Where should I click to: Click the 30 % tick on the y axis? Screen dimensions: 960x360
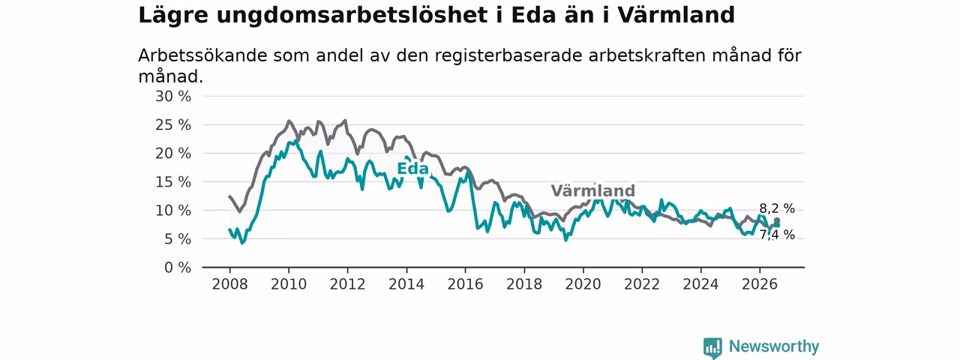[173, 97]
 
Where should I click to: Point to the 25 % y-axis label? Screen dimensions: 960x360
[173, 125]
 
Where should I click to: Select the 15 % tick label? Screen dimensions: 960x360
[173, 182]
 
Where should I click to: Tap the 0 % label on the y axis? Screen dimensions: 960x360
[178, 268]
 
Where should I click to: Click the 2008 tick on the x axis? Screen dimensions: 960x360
[229, 284]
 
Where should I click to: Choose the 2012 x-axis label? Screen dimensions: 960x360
[347, 284]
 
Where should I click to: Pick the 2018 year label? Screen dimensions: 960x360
[524, 284]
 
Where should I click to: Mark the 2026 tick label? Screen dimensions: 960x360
[760, 284]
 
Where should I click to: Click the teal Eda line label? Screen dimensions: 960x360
[412, 169]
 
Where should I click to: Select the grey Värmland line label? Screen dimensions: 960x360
[592, 190]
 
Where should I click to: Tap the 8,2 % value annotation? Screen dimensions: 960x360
[777, 208]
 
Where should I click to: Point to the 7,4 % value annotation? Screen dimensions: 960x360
[777, 235]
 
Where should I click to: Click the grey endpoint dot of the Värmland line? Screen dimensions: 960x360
[777, 220]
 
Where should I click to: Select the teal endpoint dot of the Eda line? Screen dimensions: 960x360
[777, 225]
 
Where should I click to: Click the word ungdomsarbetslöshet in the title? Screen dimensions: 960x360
[352, 16]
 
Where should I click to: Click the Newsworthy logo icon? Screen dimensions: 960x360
[712, 347]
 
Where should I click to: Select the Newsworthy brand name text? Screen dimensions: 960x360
[774, 346]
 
